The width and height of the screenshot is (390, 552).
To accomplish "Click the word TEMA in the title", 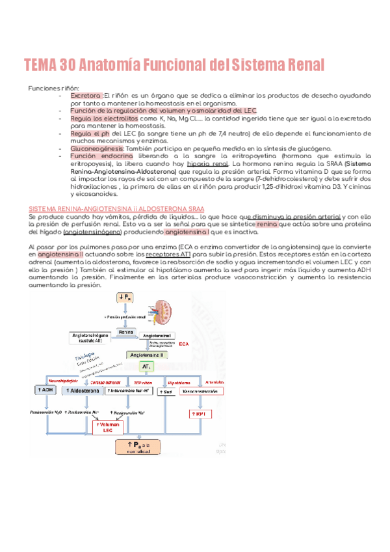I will (40, 65).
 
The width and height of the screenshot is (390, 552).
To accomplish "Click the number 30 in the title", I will (69, 65).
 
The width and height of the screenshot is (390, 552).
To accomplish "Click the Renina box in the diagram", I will (126, 333).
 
